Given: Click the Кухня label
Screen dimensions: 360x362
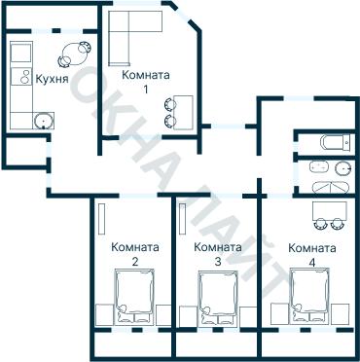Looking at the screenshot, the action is [52, 79].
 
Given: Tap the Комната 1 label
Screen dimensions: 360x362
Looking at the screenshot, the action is [146, 82].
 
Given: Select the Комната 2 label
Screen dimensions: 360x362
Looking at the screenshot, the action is [135, 254].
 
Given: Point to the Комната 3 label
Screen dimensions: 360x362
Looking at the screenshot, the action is [218, 254].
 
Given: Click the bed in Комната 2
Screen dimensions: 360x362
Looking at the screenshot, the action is [135, 296].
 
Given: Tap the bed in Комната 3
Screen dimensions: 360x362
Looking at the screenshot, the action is [218, 297].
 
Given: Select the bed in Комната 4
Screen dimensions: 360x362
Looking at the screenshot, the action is [309, 295].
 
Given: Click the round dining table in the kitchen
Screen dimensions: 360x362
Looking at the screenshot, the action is [74, 54].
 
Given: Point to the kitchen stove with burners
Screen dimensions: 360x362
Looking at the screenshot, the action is [21, 77].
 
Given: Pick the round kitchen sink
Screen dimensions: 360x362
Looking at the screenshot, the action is [43, 121].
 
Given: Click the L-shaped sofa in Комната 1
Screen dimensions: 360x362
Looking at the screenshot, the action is [119, 38].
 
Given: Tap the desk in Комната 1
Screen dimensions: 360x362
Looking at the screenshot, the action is [183, 113].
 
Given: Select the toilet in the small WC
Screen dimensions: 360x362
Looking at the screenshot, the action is [336, 143].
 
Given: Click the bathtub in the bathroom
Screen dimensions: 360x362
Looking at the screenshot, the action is [331, 188].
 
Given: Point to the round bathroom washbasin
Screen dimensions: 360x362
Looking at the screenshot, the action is [343, 168].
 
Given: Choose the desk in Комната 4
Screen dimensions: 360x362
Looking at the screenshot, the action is [330, 210].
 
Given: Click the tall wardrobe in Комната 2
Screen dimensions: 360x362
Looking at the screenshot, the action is [101, 219].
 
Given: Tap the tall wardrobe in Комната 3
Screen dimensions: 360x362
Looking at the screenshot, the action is [182, 219].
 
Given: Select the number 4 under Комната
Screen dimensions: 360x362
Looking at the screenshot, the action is [312, 263].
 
